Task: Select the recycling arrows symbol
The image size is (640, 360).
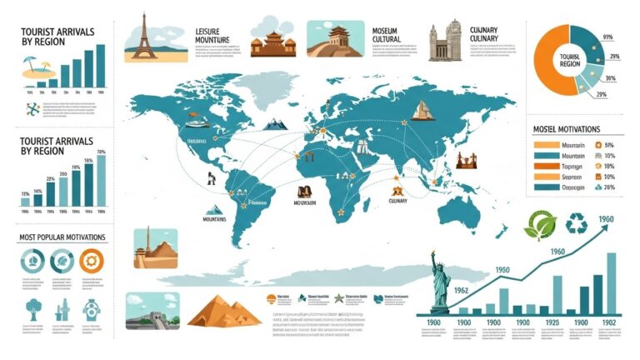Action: point(576,223)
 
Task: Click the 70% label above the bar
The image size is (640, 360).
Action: point(102,152)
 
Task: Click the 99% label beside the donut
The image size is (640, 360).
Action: point(607,37)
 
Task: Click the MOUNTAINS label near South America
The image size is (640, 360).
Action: point(215,221)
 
